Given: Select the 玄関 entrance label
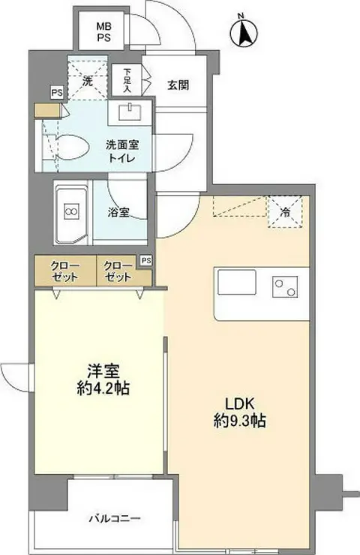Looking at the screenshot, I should [x=178, y=84].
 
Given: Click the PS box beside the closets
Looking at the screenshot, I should [x=146, y=260].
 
